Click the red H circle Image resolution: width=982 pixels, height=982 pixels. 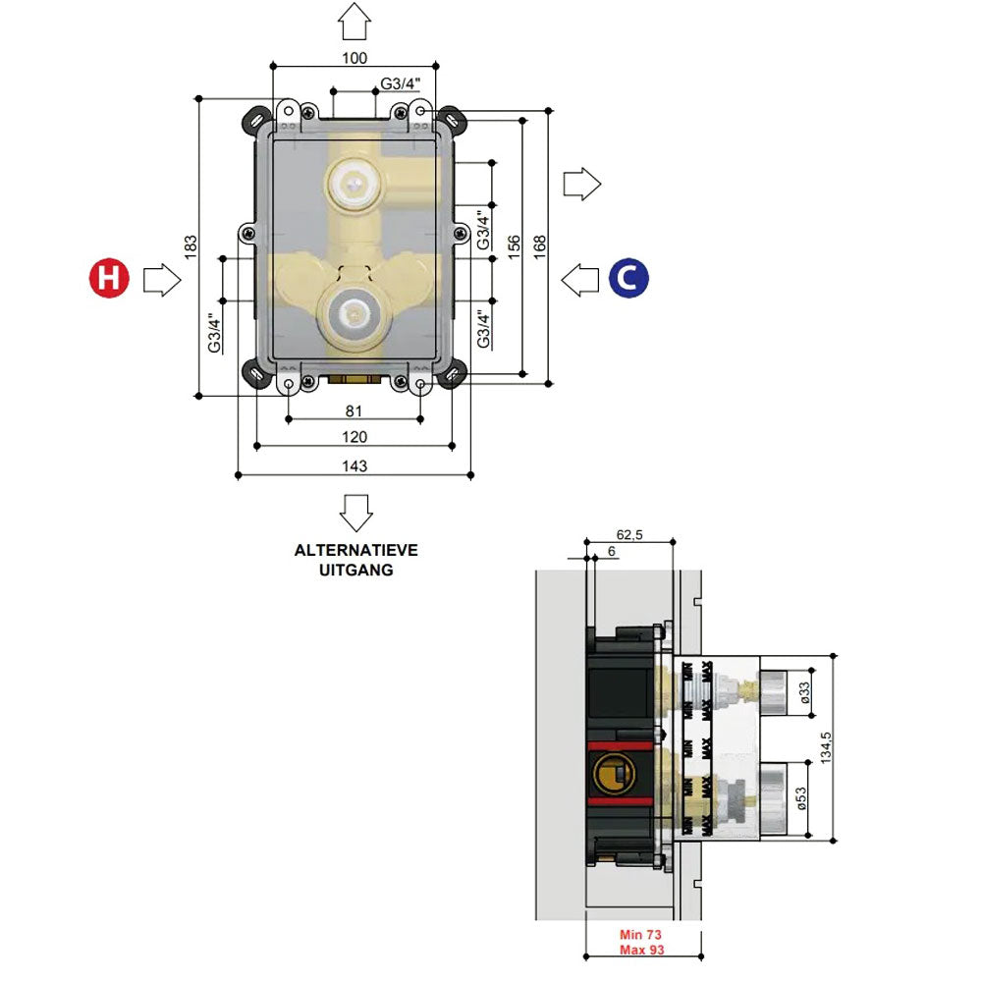(109, 279)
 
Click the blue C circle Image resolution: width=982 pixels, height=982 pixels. (628, 279)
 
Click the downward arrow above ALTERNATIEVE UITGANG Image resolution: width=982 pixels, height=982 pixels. (355, 512)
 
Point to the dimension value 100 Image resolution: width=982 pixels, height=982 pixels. (355, 58)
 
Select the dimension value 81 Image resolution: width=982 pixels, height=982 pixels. (355, 410)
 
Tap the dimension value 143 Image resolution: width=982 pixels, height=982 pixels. (355, 466)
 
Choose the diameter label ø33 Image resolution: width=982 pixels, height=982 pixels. (803, 692)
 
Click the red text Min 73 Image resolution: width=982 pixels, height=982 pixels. (640, 935)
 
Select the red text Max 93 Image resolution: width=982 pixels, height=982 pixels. (640, 950)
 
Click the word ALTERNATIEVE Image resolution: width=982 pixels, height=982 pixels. (355, 550)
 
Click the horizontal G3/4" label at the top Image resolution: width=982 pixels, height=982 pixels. (400, 83)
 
